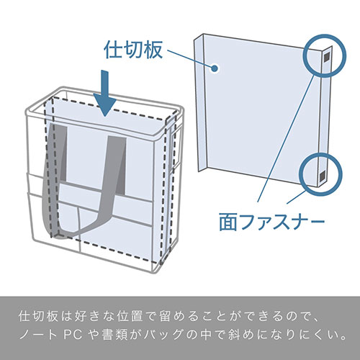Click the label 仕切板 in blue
(133, 50)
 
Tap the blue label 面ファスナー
(272, 222)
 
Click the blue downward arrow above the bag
(105, 94)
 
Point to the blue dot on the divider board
(215, 68)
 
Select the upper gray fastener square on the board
(326, 57)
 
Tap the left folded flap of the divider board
(201, 102)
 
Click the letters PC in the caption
(73, 335)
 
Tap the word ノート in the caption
(38, 335)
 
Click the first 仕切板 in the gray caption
(38, 316)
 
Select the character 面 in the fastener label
(228, 222)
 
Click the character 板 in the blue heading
(153, 50)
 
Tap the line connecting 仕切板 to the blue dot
(189, 58)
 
